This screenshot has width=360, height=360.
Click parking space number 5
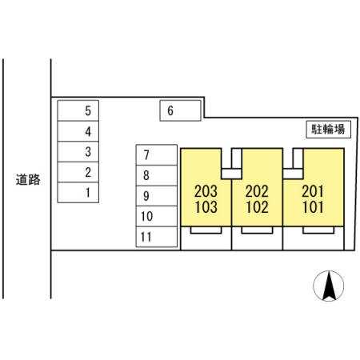78,110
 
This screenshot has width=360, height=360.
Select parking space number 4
78,131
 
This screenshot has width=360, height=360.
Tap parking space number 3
78,151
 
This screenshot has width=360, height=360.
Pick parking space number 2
78,172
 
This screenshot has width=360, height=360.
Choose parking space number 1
78,193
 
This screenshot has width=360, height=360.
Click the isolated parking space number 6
180,110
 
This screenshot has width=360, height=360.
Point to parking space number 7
157,155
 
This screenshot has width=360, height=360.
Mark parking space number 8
157,175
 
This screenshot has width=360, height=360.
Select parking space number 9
157,196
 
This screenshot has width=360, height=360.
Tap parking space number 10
157,216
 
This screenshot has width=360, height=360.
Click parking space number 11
157,237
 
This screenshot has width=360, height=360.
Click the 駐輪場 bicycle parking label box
328,130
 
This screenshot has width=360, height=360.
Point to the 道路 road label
28,179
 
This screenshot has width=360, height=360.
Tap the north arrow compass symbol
329,286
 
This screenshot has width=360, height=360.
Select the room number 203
206,191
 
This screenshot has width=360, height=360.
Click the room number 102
257,207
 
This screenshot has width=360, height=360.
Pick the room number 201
313,191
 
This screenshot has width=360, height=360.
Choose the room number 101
313,207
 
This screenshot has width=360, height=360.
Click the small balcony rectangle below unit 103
206,230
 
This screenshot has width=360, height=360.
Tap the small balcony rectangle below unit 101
318,230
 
